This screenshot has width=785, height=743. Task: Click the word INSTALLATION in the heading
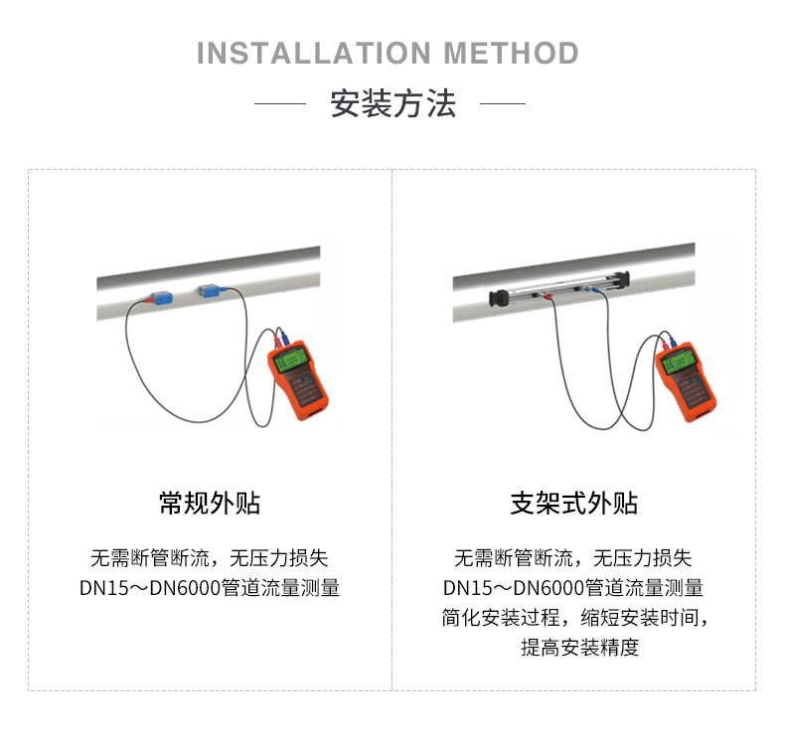coord(313,53)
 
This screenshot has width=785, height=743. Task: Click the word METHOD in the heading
coord(511,53)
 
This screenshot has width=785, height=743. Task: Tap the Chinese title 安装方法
coord(393,104)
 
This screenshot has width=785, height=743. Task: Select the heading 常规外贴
coord(210,503)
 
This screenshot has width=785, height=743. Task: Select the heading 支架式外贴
coord(573,503)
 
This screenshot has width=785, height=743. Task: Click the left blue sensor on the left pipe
coord(162,297)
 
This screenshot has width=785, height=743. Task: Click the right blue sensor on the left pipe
coord(210,290)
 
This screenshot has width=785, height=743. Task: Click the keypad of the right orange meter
coord(690,390)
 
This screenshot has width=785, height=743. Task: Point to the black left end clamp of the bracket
coord(498,298)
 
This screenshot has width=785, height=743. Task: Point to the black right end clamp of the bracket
coord(621,279)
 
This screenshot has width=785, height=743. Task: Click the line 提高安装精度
coord(580,647)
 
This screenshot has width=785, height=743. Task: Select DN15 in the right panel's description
coord(468,588)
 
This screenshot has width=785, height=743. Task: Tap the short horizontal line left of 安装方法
coord(280,104)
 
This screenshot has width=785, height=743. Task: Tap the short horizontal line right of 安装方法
coord(503,104)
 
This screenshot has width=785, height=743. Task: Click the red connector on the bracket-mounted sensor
coord(548,298)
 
